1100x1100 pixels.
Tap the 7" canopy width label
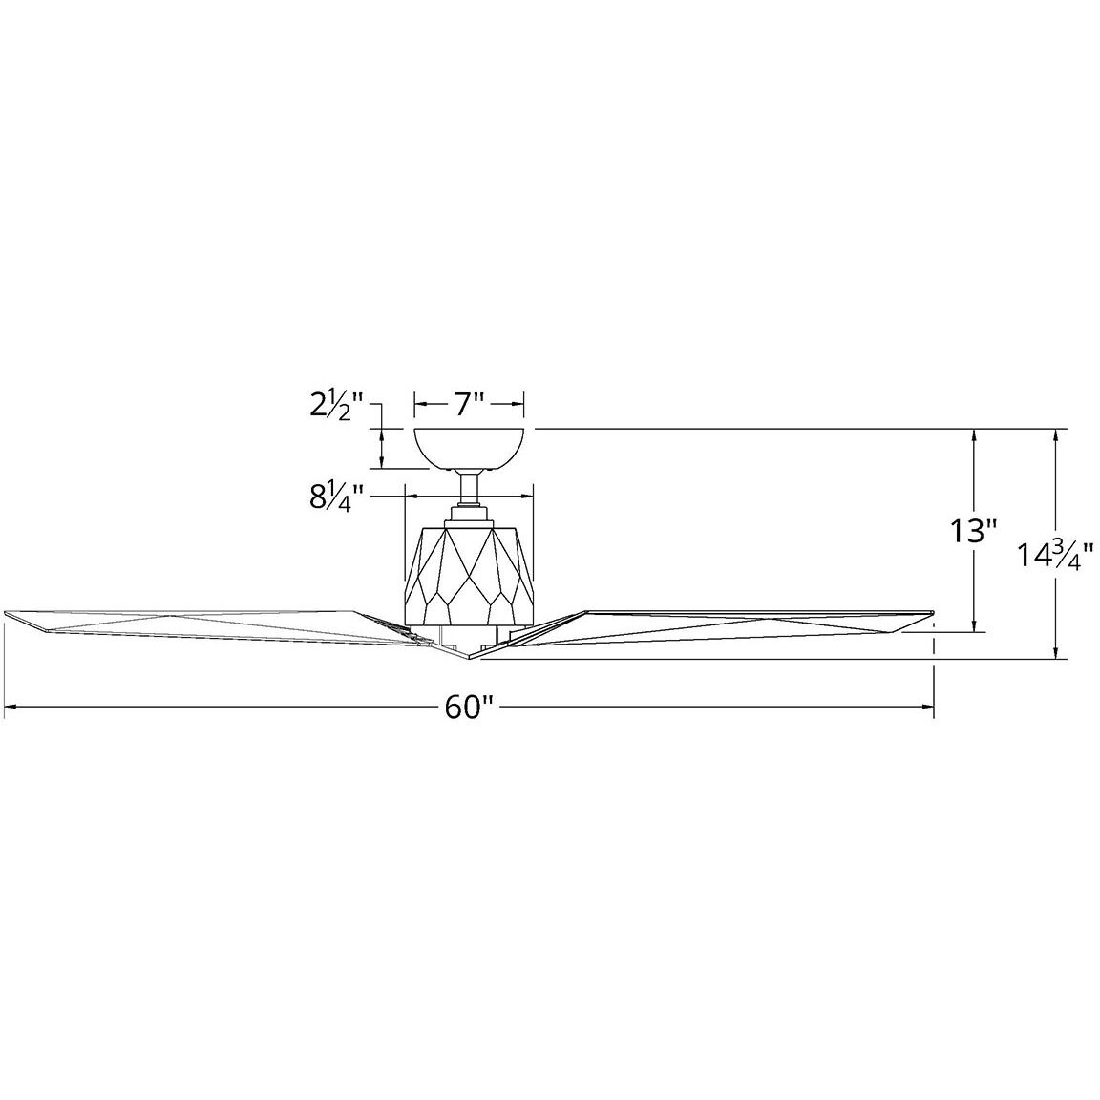pyautogui.click(x=470, y=404)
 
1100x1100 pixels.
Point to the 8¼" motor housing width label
pyautogui.click(x=336, y=497)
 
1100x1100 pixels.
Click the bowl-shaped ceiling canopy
pyautogui.click(x=470, y=448)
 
